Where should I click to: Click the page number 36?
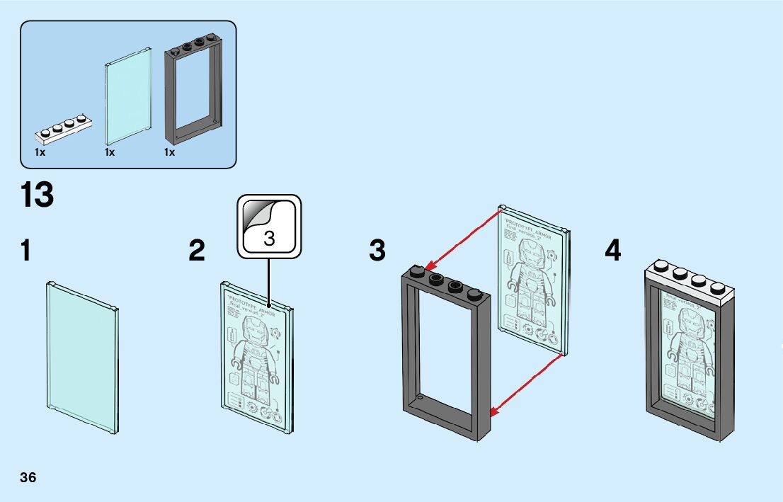click(28, 477)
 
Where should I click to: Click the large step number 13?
click(38, 195)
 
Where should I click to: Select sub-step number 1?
click(26, 251)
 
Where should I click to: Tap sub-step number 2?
click(197, 251)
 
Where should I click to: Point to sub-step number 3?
click(377, 251)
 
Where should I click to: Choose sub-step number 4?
click(613, 251)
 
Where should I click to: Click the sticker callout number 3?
click(269, 238)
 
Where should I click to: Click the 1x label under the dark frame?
click(170, 152)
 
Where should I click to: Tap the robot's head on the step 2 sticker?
click(254, 331)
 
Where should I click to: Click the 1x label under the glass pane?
click(110, 152)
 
